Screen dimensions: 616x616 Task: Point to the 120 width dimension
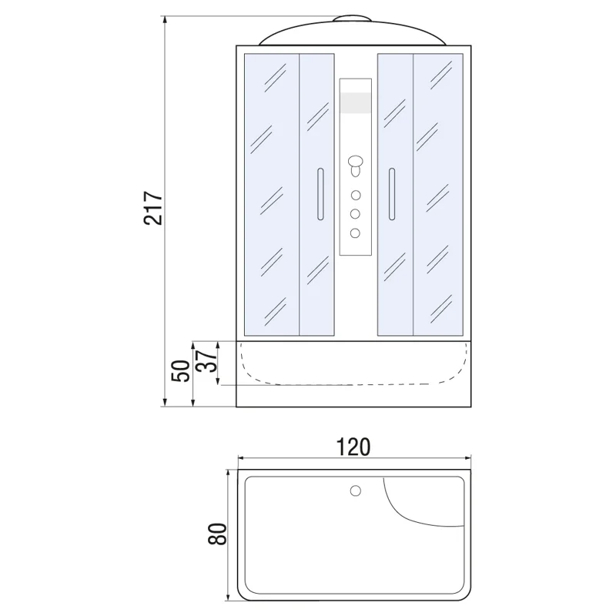(x=353, y=447)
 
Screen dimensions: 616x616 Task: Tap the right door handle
(x=391, y=196)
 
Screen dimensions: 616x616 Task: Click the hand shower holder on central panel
(x=355, y=163)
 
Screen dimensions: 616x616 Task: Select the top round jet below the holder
(x=355, y=195)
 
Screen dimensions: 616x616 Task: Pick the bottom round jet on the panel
(x=355, y=233)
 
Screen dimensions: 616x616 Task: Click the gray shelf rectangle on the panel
(x=354, y=103)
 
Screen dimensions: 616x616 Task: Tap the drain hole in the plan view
(x=355, y=490)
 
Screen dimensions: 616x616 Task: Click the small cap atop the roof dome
(x=354, y=19)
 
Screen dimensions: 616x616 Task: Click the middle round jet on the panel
(x=355, y=214)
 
